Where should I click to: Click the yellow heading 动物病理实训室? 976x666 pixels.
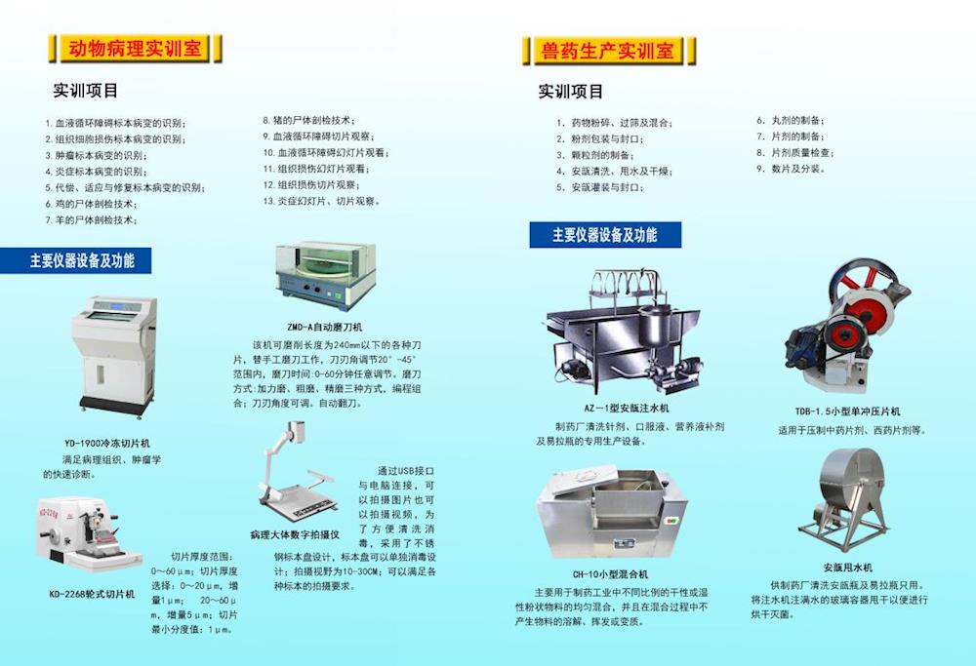pyautogui.click(x=135, y=48)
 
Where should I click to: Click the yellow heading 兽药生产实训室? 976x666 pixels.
pyautogui.click(x=607, y=50)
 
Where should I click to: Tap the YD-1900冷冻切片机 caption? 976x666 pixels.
pyautogui.click(x=107, y=444)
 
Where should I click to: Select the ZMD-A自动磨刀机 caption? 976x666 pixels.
pyautogui.click(x=324, y=327)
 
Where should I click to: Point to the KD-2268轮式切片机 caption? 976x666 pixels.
pyautogui.click(x=92, y=595)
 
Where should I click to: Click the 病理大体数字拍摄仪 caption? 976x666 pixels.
pyautogui.click(x=295, y=534)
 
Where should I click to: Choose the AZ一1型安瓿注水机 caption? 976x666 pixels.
pyautogui.click(x=627, y=409)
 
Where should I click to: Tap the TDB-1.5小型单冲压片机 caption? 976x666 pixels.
pyautogui.click(x=847, y=411)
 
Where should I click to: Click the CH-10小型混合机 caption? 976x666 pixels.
pyautogui.click(x=610, y=574)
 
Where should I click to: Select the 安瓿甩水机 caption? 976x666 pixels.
pyautogui.click(x=848, y=568)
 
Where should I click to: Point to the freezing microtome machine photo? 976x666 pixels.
pyautogui.click(x=115, y=356)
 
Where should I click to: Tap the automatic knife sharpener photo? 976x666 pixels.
pyautogui.click(x=326, y=276)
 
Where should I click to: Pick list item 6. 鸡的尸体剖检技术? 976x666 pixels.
pyautogui.click(x=92, y=204)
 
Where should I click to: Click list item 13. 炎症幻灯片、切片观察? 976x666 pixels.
pyautogui.click(x=321, y=202)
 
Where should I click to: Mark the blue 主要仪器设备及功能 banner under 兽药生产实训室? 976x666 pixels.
pyautogui.click(x=605, y=235)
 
